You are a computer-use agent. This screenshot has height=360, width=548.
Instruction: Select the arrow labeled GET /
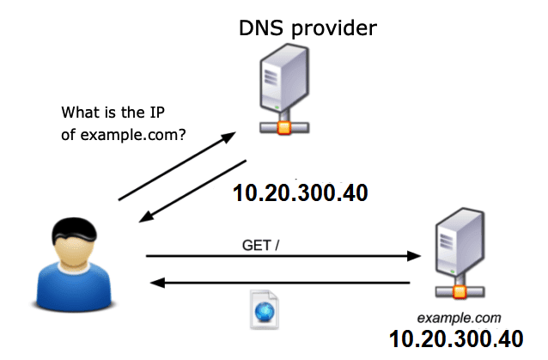(x=283, y=255)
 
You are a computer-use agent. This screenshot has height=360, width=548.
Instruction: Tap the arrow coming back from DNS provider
(x=192, y=192)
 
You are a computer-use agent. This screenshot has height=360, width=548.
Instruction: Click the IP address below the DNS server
(x=300, y=192)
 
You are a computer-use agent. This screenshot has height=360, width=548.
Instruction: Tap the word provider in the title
(x=341, y=29)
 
